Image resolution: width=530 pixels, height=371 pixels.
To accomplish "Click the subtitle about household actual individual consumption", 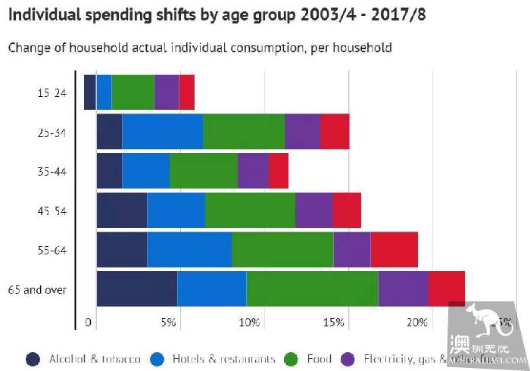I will point(200,48).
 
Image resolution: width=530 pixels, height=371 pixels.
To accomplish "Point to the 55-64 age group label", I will point(52,250).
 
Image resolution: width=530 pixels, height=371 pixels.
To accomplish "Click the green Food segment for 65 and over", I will point(312,289).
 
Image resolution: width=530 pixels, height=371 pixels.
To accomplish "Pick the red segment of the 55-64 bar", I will point(394,250).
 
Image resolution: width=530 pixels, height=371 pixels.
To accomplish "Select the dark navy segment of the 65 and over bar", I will point(136,289).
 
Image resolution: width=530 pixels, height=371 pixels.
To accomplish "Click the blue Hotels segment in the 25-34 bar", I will point(162,132).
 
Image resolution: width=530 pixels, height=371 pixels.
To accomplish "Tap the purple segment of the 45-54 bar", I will point(313,210).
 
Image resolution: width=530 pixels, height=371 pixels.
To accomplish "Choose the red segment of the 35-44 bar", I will point(278,171).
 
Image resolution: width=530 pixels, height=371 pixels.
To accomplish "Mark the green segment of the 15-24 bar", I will point(132,92).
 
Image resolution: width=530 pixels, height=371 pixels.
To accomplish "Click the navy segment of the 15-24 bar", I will point(89,92).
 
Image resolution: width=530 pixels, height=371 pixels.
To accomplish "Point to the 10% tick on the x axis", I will point(249,323).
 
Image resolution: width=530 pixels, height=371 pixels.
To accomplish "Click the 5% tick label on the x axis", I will point(168,323).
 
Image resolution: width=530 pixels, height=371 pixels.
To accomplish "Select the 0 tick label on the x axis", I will point(89,323).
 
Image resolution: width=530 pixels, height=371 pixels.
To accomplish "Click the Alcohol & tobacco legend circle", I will point(33,359).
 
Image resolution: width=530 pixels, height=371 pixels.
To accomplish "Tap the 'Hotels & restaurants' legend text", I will point(223,359).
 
